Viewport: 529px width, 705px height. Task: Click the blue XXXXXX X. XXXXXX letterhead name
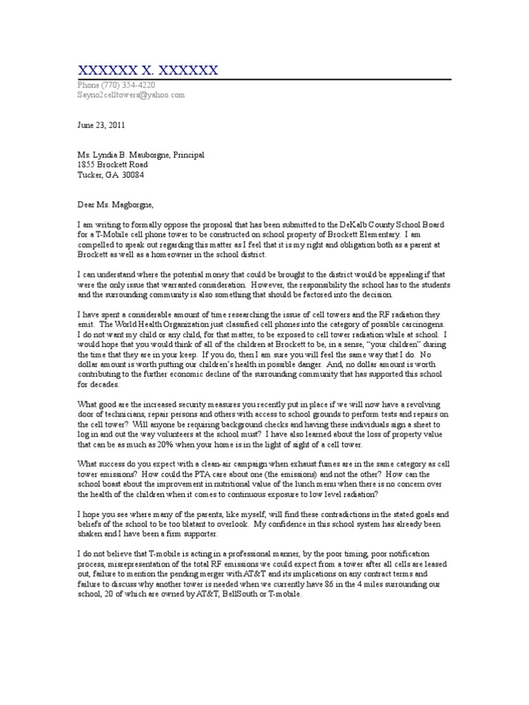[147, 70]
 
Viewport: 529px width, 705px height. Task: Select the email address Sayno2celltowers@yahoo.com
[131, 96]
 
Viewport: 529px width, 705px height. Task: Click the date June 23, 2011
[101, 125]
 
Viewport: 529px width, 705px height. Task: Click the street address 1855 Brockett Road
[112, 165]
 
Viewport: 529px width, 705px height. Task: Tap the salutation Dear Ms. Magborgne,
[117, 205]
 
